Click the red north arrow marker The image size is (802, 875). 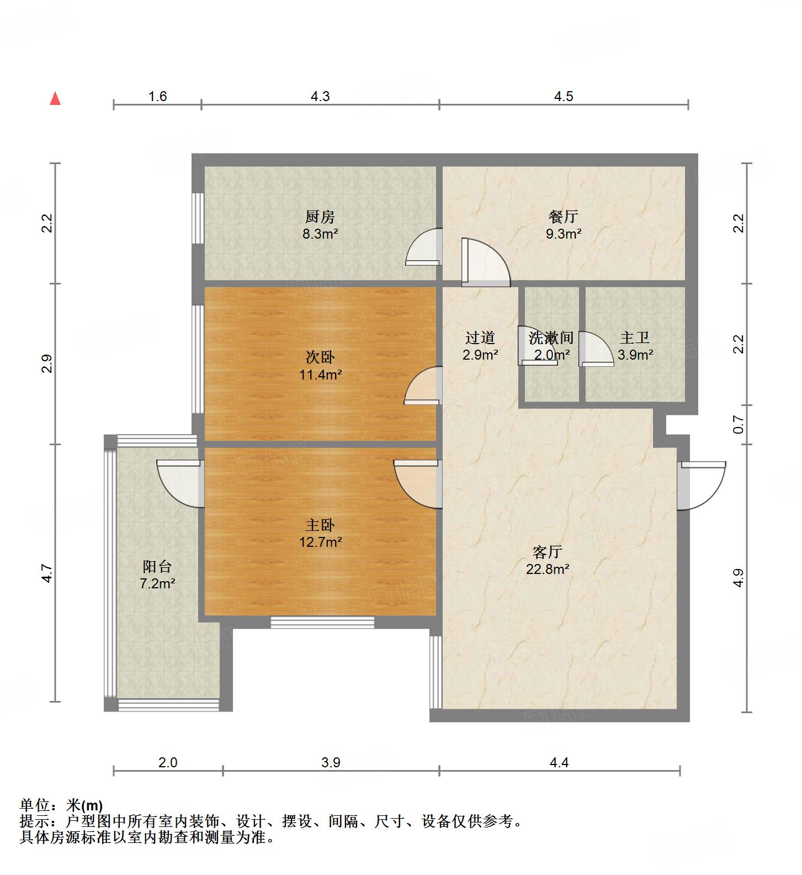click(x=55, y=99)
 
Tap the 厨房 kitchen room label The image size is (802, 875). click(x=320, y=217)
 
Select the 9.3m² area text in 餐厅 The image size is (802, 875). click(x=563, y=234)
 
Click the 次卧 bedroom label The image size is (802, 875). click(x=320, y=357)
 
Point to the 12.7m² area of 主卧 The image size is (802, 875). click(x=320, y=542)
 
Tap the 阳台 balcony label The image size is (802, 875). click(x=157, y=566)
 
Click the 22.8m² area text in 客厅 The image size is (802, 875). click(x=547, y=569)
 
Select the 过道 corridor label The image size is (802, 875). click(x=480, y=338)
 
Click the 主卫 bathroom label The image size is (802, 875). click(x=635, y=338)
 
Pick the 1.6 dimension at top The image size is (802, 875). click(x=157, y=96)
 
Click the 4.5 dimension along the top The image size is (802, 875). click(x=564, y=96)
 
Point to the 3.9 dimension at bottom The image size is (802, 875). click(x=331, y=762)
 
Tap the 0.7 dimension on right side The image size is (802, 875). click(x=739, y=424)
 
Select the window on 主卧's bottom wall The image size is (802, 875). click(x=322, y=623)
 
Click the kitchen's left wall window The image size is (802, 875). click(x=197, y=218)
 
